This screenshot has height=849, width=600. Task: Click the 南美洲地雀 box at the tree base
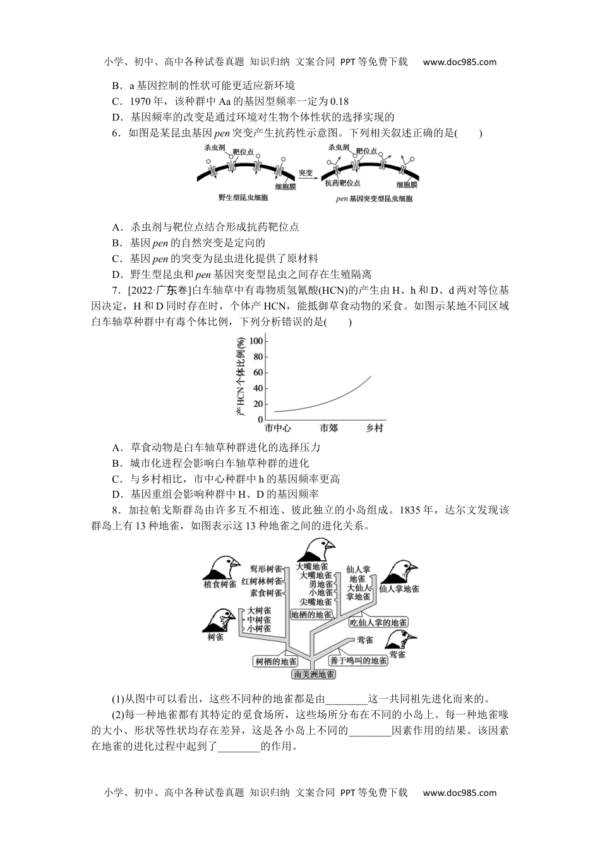pos(314,674)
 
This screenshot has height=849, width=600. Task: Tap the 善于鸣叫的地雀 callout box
pos(358,660)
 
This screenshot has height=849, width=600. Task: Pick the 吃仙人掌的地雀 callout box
pos(378,622)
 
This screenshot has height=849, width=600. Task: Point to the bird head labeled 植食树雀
pos(220,567)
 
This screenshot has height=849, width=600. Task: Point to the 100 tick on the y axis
pos(256,341)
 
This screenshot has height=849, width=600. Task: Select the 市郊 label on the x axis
pos(328,428)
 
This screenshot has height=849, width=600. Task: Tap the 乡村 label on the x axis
pos(375,428)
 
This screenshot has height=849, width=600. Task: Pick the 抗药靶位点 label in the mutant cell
pos(343,183)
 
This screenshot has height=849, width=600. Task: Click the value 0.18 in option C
pos(340,101)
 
